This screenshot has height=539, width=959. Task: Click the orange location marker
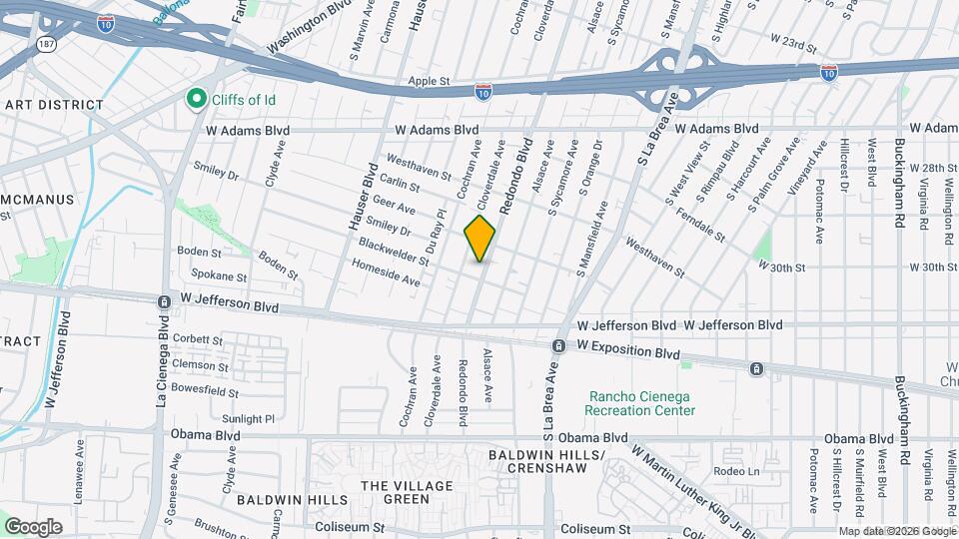[480, 239]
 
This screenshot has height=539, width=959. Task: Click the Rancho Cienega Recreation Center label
[639, 402]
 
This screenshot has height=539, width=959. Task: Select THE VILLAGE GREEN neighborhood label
[407, 492]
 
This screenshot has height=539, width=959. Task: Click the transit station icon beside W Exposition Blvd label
[559, 346]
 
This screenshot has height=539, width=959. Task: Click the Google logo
[33, 526]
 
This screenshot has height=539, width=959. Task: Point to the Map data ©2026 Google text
[896, 531]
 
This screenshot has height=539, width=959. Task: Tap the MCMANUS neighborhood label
[37, 199]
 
